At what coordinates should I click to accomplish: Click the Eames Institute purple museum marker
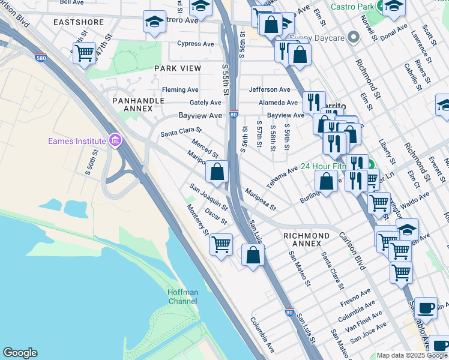pos(115,142)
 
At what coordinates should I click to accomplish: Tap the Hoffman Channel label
pos(182,296)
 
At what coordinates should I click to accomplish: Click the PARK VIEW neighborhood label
pos(178,68)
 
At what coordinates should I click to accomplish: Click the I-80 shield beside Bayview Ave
pos(233,113)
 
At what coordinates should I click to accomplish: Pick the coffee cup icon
pos(426,307)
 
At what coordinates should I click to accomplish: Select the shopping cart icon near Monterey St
pos(221,244)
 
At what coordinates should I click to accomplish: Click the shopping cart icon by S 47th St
pos(84,52)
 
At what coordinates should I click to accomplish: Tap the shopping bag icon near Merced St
pos(217,172)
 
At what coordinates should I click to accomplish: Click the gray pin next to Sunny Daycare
pos(354,38)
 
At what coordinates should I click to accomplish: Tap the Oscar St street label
pos(216,216)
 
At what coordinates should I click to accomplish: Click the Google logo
pos(20,353)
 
